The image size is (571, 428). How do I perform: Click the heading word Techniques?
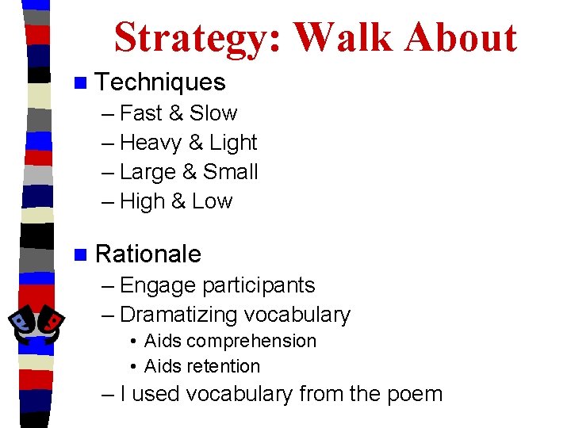[160, 82]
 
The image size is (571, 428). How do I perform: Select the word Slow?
[213, 113]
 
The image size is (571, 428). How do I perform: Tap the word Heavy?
[151, 143]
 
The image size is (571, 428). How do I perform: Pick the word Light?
[233, 143]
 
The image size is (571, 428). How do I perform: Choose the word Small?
[231, 172]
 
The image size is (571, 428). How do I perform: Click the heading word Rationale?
[148, 254]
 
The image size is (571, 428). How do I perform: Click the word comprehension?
[251, 342]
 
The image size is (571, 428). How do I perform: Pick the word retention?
[224, 366]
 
